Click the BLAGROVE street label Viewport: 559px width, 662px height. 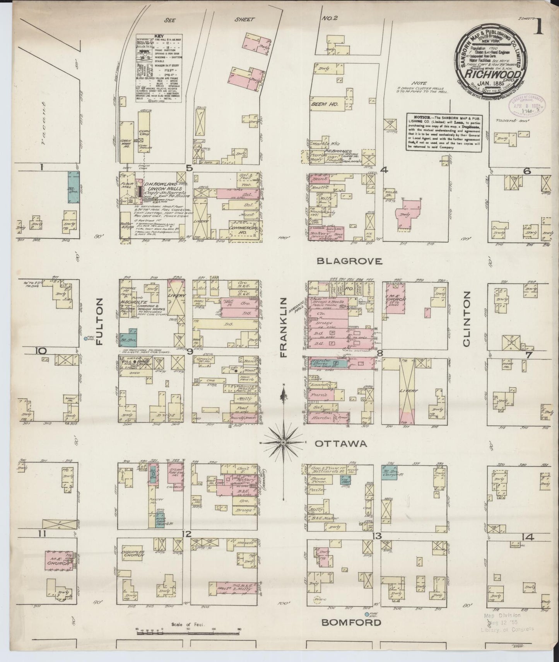[x=349, y=261]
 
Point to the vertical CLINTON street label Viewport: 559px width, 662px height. [x=466, y=319]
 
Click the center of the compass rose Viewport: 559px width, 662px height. [x=283, y=442]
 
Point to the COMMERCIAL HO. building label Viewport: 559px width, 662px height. [x=243, y=230]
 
